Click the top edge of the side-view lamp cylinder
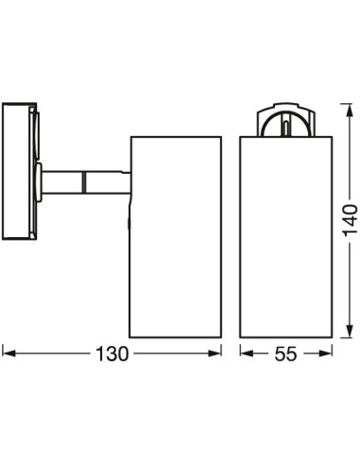coord(176,137)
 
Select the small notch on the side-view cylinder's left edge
coord(130,223)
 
